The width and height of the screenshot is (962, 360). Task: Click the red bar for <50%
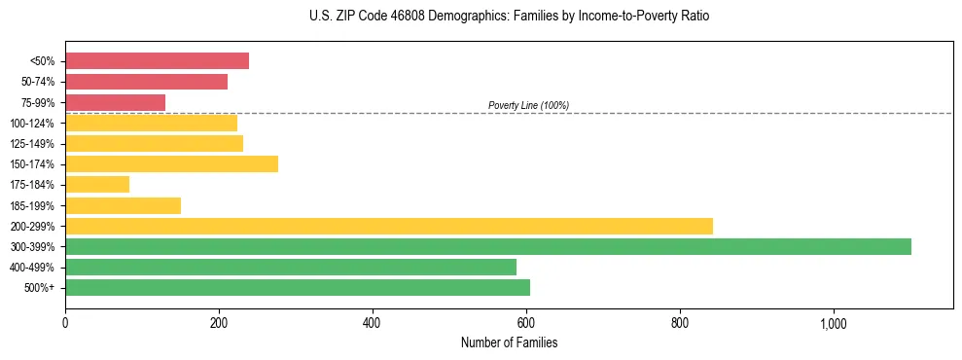tap(157, 60)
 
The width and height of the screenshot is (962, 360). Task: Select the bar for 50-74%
tap(146, 82)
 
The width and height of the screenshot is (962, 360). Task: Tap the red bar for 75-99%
tap(115, 102)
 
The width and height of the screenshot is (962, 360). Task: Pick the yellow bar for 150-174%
tap(171, 163)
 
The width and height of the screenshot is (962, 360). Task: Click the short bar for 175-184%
tap(97, 184)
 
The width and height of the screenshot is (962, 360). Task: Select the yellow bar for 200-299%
tap(389, 226)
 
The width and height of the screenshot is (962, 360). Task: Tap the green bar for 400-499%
tap(291, 267)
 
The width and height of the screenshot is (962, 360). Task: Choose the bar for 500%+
tap(298, 287)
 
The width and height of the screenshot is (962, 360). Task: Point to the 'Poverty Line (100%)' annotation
tap(528, 105)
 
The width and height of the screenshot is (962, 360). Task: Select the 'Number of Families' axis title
tap(509, 342)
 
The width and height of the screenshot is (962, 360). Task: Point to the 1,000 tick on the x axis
tap(834, 322)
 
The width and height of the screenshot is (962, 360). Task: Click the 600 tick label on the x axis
tap(526, 322)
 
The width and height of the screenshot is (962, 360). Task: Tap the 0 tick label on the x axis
tap(65, 322)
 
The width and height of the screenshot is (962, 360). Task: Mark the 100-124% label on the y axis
tap(32, 124)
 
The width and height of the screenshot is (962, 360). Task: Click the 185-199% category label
tap(32, 205)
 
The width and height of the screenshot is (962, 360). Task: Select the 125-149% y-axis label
tap(32, 144)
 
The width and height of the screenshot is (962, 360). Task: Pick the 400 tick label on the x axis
tap(373, 322)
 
